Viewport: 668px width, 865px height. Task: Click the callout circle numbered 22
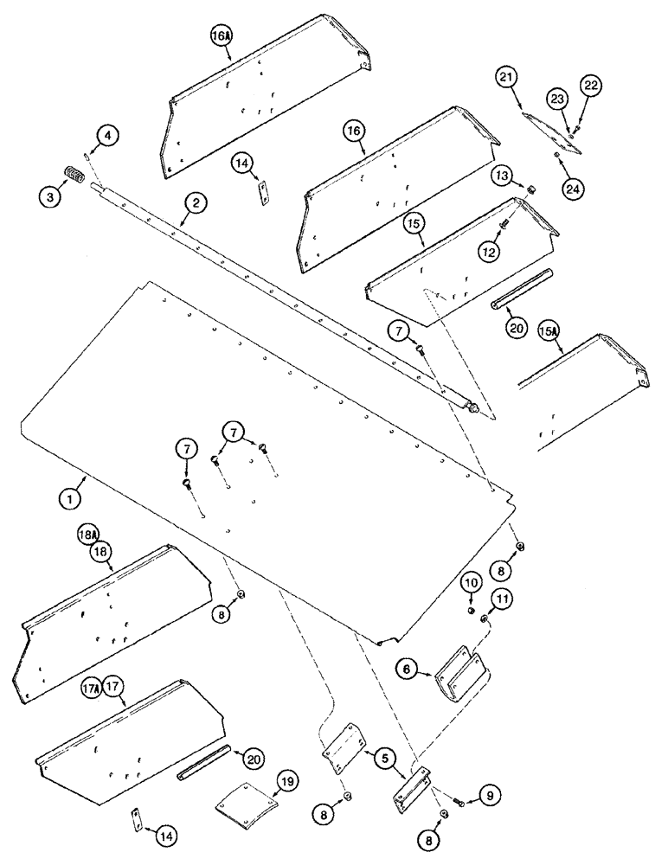click(x=591, y=85)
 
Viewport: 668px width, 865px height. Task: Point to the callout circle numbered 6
click(x=408, y=668)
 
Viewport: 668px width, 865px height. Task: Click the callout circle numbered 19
click(x=286, y=784)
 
